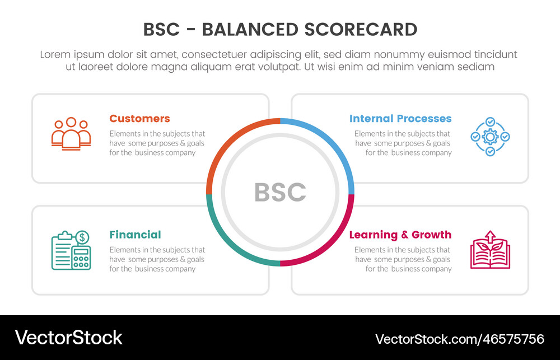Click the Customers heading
pos(139,119)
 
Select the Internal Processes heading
pos(400,119)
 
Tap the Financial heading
pos(135,235)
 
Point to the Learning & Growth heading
pos(400,235)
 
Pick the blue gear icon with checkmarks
pos(490,137)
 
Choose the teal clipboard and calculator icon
pos(71,250)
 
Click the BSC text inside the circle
pos(280,193)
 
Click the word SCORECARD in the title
pos(365,29)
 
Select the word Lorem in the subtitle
pos(55,55)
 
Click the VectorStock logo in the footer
pos(69,338)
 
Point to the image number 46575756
pos(508,339)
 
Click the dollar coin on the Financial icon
pos(82,237)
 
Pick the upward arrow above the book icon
pos(490,235)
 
